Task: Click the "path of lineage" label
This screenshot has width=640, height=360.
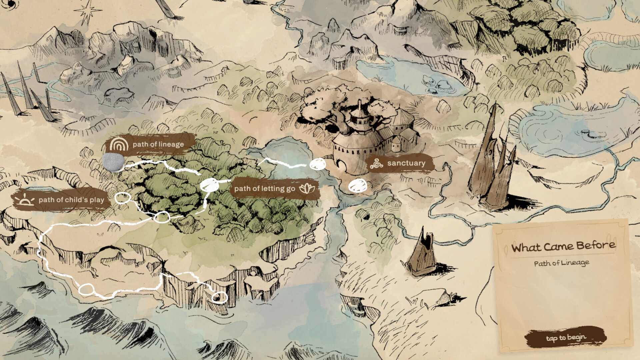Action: tap(158, 144)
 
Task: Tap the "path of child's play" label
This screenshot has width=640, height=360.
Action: tap(71, 200)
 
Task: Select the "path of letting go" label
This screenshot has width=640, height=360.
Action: tap(265, 189)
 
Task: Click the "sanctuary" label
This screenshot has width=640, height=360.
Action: tap(406, 163)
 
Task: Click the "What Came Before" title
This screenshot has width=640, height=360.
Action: tap(563, 246)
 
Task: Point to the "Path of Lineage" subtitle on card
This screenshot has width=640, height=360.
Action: tap(562, 263)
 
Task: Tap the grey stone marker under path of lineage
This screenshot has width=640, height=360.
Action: tap(113, 162)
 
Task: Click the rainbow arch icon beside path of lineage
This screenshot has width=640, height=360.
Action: tap(119, 144)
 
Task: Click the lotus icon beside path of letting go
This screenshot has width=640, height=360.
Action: tap(307, 189)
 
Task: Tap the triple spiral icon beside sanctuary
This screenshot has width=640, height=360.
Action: tap(376, 164)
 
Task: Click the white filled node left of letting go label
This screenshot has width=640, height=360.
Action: tap(209, 185)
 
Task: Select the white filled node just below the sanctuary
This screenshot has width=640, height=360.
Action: tap(358, 186)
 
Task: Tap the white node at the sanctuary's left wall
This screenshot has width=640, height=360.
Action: tap(318, 164)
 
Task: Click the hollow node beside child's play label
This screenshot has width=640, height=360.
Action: tap(122, 198)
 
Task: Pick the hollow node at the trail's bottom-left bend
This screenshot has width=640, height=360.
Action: tap(86, 289)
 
